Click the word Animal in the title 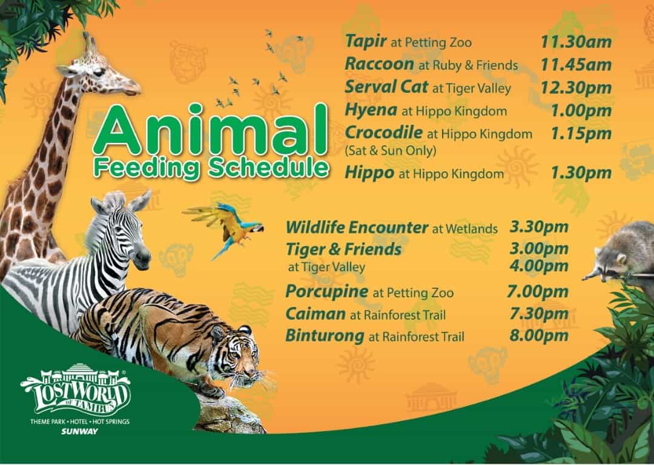[211, 130]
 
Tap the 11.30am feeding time [576, 41]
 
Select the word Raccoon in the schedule [379, 64]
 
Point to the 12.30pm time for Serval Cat [576, 87]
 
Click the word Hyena [371, 110]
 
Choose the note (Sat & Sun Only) [391, 151]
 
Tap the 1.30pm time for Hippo [581, 173]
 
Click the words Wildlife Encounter [357, 228]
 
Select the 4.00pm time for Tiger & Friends [539, 266]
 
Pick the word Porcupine [326, 291]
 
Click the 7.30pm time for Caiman [539, 314]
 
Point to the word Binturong [325, 335]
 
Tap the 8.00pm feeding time [539, 335]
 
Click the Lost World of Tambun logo [76, 390]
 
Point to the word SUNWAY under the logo [79, 432]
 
